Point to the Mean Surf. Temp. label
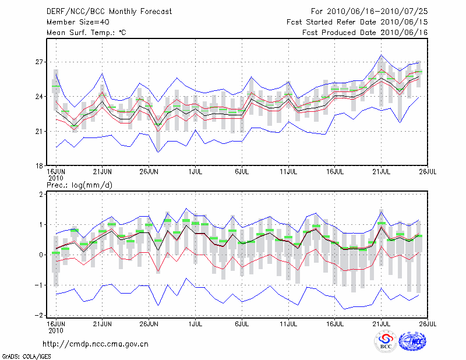click(86, 33)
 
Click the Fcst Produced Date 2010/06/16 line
click(365, 33)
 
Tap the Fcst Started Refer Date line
click(357, 22)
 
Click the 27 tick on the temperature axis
click(40, 62)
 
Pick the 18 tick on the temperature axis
click(40, 166)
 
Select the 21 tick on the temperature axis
click(40, 131)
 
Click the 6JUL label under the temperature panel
click(242, 172)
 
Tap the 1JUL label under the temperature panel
click(196, 172)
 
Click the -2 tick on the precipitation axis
click(38, 315)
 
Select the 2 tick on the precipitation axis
click(41, 194)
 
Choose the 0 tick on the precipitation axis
click(41, 255)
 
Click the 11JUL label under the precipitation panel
click(289, 322)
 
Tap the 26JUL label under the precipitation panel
click(428, 322)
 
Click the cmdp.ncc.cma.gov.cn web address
click(96, 344)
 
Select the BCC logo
click(386, 342)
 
